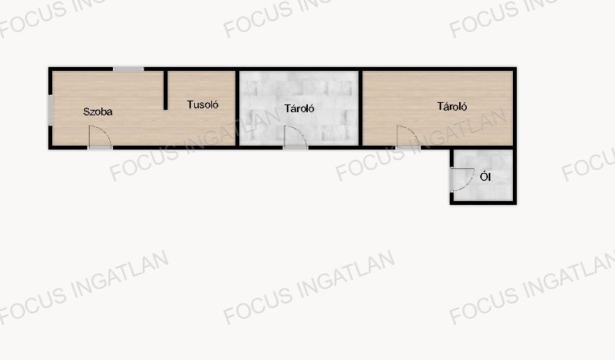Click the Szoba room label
tap(97, 111)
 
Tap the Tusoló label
tap(203, 104)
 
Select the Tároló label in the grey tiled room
tap(299, 108)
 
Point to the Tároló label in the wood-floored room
tap(452, 106)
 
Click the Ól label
tap(485, 177)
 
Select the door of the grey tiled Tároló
tap(295, 137)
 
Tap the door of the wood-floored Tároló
tap(408, 137)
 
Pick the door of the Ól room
tap(462, 179)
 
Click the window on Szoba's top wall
tap(129, 69)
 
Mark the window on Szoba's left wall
tap(50, 110)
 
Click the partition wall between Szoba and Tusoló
tap(165, 90)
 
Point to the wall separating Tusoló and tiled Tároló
tap(237, 108)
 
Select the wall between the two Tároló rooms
tap(360, 108)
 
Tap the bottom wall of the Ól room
tap(483, 203)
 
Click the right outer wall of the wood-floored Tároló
tap(514, 108)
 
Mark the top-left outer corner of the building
tap(48, 67)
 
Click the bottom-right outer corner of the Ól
tap(517, 205)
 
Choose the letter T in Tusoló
tap(190, 104)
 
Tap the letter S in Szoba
tap(87, 111)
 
